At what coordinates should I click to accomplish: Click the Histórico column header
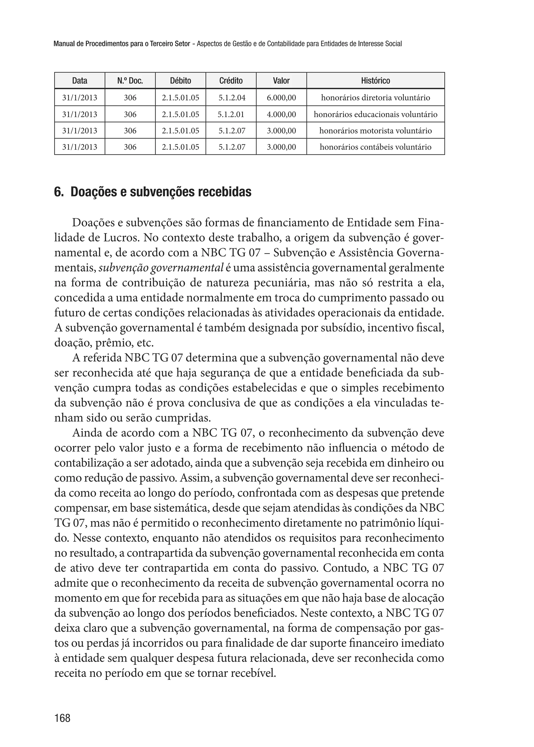[375, 81]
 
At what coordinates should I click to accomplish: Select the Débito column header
[180, 81]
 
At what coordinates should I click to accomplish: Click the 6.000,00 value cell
[281, 98]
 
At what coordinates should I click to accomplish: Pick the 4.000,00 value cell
[281, 115]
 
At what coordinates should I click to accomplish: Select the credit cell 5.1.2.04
[232, 98]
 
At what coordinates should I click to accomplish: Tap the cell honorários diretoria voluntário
[375, 98]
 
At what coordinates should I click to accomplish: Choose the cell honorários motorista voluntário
[375, 131]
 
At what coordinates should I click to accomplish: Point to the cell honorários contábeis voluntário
[375, 147]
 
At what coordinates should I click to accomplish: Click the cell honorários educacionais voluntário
[375, 115]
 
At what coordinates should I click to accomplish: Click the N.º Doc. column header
[130, 81]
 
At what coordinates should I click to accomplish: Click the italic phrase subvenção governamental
[161, 268]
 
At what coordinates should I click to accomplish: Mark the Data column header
[80, 81]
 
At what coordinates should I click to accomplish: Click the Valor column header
[281, 81]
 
